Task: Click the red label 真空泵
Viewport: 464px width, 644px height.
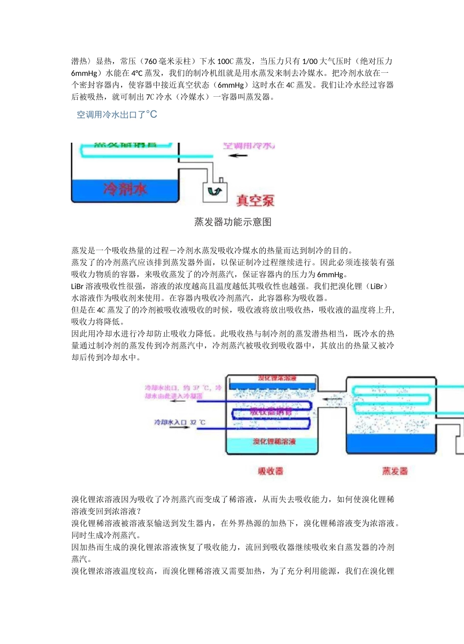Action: point(255,200)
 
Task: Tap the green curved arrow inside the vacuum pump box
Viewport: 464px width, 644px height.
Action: point(214,191)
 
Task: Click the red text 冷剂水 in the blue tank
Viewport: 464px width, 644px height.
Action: point(125,189)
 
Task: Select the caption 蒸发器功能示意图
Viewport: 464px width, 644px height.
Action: point(232,222)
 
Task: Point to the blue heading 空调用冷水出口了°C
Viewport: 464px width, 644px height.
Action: point(117,115)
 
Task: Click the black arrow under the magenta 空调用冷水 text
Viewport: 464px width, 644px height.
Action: point(238,156)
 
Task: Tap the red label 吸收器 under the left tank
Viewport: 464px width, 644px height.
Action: point(271,471)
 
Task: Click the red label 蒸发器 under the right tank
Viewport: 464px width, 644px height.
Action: point(395,471)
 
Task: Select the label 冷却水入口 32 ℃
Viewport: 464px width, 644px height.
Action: point(180,422)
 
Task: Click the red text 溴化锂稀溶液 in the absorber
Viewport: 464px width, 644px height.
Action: point(274,442)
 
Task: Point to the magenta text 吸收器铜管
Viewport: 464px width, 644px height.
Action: point(271,412)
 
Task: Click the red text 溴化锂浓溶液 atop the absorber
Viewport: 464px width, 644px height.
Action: point(277,378)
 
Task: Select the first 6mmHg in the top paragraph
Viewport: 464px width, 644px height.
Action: point(84,73)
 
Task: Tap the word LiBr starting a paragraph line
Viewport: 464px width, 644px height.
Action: point(78,286)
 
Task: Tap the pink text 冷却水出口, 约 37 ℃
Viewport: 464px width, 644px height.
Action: point(183,388)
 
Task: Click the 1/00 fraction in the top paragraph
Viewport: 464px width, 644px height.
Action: point(310,62)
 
